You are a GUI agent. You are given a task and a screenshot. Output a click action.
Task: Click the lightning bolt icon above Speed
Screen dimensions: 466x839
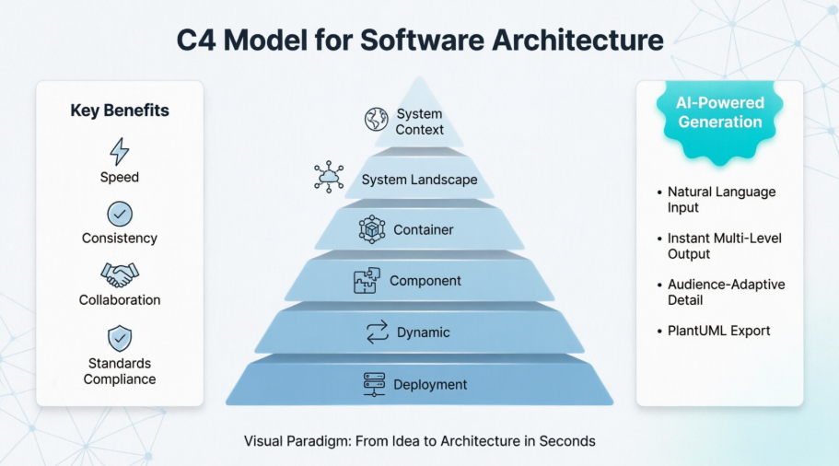click(x=120, y=151)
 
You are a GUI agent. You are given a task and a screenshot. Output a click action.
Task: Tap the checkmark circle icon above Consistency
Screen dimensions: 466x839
click(x=120, y=215)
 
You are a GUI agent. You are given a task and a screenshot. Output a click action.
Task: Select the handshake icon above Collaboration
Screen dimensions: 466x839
click(x=120, y=275)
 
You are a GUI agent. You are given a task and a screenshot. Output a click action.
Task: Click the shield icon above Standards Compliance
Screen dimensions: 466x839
click(x=120, y=338)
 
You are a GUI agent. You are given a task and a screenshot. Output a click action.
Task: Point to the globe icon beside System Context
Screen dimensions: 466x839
click(x=376, y=120)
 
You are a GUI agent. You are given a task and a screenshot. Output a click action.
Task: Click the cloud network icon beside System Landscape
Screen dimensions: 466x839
click(x=329, y=176)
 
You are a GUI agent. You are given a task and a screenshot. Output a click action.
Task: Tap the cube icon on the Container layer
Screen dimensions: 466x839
click(x=372, y=229)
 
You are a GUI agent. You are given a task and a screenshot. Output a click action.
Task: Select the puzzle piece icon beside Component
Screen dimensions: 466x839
click(x=367, y=281)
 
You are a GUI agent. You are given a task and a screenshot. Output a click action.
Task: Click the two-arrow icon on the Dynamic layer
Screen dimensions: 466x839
click(x=378, y=332)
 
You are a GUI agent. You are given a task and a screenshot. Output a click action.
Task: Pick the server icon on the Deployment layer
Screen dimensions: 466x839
click(x=374, y=385)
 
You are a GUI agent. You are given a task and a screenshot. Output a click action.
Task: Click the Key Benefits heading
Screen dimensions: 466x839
click(x=120, y=111)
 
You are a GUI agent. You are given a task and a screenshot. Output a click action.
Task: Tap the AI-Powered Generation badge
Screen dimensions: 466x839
click(x=720, y=113)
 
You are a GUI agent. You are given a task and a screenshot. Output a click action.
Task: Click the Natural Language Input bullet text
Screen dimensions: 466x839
click(x=722, y=200)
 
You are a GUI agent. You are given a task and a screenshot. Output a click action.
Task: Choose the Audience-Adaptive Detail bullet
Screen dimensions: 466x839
click(x=726, y=292)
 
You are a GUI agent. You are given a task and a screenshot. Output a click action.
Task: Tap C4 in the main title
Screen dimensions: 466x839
click(x=194, y=41)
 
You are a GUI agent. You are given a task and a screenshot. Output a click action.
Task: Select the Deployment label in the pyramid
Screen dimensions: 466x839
click(x=430, y=385)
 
